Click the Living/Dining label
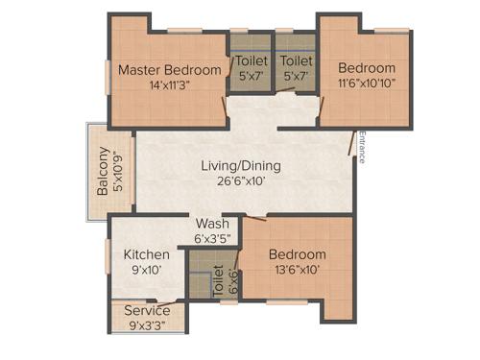tap(240, 165)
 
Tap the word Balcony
tap(103, 173)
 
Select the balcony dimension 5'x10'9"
tap(118, 173)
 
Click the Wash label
tap(212, 225)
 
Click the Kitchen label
tap(147, 255)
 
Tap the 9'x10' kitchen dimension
tap(148, 271)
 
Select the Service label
tap(147, 311)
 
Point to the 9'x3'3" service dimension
tap(147, 326)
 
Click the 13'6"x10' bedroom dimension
tap(297, 271)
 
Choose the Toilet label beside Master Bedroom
tap(252, 61)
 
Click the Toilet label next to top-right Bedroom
tap(296, 61)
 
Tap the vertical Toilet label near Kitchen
tap(217, 278)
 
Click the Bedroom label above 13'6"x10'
tap(297, 255)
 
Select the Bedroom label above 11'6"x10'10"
tap(366, 69)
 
